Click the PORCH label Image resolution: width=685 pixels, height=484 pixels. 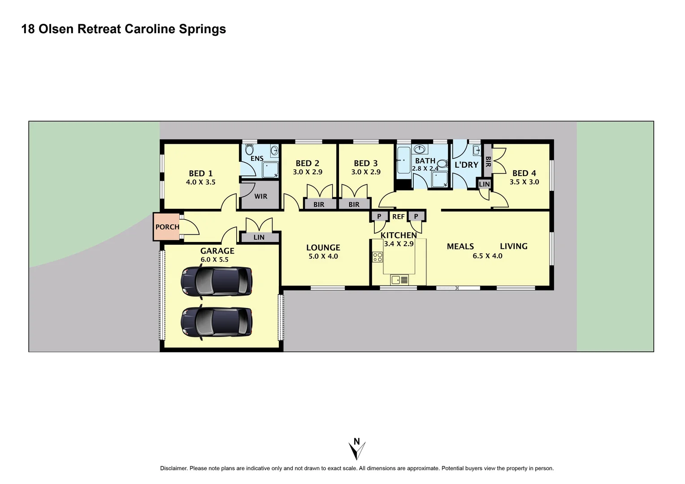[167, 227]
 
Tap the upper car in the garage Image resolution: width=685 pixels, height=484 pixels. [217, 281]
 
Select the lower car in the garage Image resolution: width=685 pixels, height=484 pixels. [217, 321]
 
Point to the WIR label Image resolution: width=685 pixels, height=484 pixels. [260, 196]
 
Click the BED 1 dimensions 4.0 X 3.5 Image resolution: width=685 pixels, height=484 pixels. [200, 182]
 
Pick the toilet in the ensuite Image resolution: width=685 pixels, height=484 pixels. [249, 149]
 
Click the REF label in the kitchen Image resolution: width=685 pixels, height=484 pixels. [398, 216]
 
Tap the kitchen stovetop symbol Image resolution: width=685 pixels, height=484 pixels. [377, 257]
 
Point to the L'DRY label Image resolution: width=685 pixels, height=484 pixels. [466, 165]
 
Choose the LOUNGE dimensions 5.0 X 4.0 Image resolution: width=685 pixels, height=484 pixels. [323, 256]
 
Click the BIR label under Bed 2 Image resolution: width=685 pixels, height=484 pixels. [319, 204]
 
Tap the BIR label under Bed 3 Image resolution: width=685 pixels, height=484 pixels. [354, 204]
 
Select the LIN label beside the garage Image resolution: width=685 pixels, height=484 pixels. [259, 238]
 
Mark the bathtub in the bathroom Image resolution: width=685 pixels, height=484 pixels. [403, 160]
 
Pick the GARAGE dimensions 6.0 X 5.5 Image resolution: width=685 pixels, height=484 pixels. [214, 259]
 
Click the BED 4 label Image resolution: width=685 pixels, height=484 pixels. [524, 173]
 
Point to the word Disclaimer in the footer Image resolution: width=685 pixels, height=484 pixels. [173, 468]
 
